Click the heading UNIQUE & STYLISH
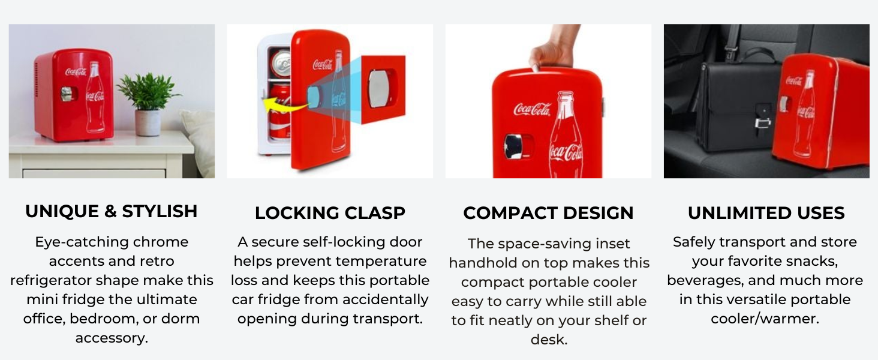tap(112, 211)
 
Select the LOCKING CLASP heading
tap(330, 213)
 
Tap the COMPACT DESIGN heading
tap(548, 213)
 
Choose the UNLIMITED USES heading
tap(766, 213)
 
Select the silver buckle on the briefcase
tap(763, 123)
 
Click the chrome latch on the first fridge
tap(67, 94)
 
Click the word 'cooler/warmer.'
tap(765, 319)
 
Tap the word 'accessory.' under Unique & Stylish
tap(112, 338)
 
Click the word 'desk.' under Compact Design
tap(549, 339)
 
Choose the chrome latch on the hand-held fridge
tap(514, 146)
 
